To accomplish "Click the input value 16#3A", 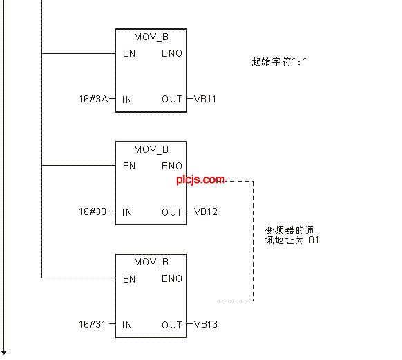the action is click(93, 99).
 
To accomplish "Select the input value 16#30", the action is click(93, 211).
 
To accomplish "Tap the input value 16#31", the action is click(92, 324).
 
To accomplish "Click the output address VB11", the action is click(205, 99).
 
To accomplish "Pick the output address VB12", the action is click(206, 211).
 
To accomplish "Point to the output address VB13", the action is click(206, 324).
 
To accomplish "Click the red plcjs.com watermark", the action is click(201, 180).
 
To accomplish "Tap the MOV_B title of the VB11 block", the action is click(151, 37).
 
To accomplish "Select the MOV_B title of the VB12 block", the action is click(151, 149).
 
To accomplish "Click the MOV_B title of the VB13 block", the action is click(151, 262).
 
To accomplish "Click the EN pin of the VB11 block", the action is click(129, 53).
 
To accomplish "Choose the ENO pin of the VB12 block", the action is click(172, 166).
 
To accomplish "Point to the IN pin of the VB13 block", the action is click(127, 325).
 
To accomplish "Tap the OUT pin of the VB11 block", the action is click(172, 99).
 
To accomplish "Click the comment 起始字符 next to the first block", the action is click(271, 61).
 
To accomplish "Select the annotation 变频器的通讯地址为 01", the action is click(292, 235).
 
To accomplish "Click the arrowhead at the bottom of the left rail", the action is click(3, 352).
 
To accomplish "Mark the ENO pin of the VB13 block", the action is click(172, 278).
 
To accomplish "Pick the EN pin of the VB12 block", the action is click(129, 166).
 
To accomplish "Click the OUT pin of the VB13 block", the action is click(172, 325).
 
